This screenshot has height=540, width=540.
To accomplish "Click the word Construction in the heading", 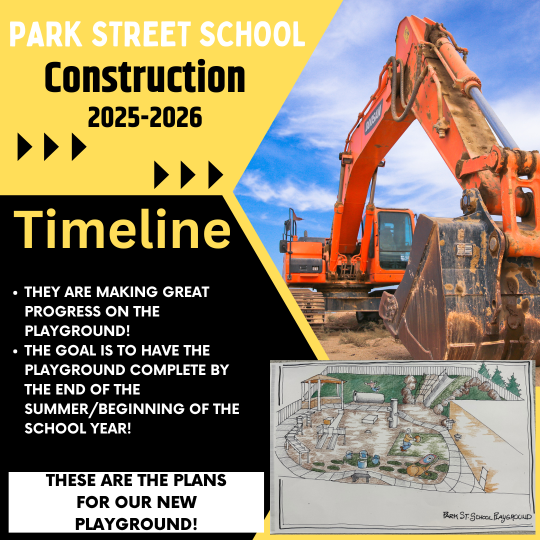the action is (x=144, y=77).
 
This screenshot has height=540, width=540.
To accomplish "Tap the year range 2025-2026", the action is (x=144, y=117).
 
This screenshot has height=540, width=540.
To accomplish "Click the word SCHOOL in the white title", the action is (x=252, y=34).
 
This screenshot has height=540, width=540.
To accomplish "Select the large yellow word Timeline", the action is (x=122, y=228).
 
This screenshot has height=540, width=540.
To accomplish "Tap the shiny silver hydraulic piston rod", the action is (x=493, y=117).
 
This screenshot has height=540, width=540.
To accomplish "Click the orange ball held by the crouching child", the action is (x=416, y=438).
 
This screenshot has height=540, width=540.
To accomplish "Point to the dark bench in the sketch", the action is (x=360, y=476).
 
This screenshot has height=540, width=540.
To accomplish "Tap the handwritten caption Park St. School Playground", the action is (x=487, y=516).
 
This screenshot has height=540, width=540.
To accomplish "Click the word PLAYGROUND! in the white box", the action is (x=136, y=524).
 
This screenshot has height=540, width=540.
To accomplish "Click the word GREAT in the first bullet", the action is (x=186, y=292).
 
